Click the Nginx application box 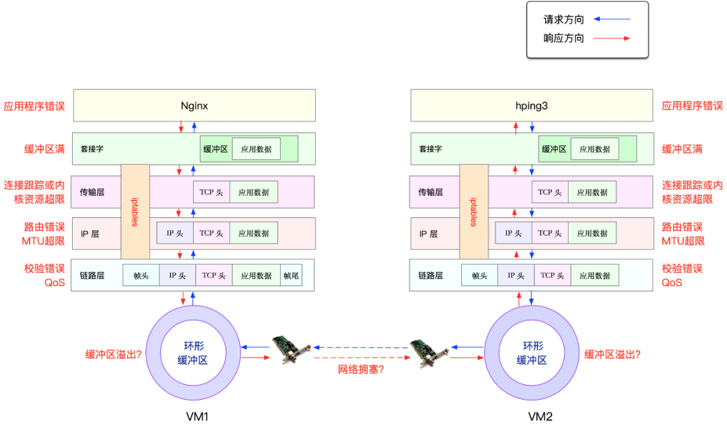tap(194, 106)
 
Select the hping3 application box tap(532, 106)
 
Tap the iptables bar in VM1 tap(135, 212)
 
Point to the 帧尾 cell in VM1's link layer tap(291, 275)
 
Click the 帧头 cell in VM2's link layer tap(479, 275)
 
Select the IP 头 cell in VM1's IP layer tap(175, 234)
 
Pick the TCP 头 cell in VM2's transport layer tap(549, 192)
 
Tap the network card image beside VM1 tap(291, 349)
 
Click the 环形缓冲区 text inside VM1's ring tap(193, 353)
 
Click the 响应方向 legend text tap(563, 38)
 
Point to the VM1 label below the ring tap(197, 417)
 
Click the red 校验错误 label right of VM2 tap(682, 269)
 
